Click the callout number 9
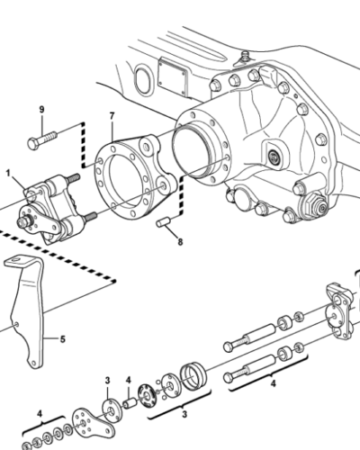click(x=41, y=109)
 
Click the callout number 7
click(x=112, y=115)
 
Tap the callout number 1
click(x=8, y=173)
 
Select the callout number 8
click(x=180, y=242)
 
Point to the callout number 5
click(x=62, y=339)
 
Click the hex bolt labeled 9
click(x=42, y=139)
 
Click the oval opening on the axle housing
click(x=141, y=80)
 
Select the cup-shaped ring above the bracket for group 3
click(x=193, y=376)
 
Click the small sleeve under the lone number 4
click(x=130, y=403)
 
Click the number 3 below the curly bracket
click(x=184, y=414)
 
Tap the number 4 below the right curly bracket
click(x=273, y=383)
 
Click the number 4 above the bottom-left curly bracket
click(x=40, y=414)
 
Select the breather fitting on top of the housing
click(x=245, y=58)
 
